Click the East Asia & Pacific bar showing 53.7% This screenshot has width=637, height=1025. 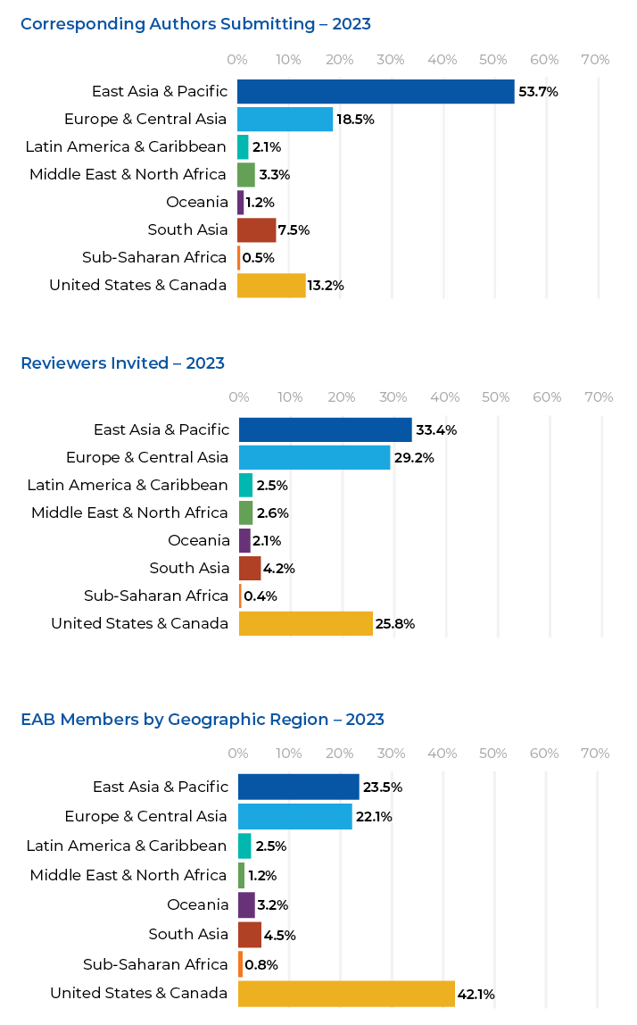point(376,92)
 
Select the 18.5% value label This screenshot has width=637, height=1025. point(354,120)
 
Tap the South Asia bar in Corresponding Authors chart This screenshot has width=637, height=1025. point(256,230)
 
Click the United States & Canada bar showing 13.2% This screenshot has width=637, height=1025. point(271,286)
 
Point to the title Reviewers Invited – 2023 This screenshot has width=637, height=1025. point(122,363)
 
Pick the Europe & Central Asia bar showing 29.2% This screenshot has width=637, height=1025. point(314,458)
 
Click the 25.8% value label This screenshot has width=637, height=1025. point(395,624)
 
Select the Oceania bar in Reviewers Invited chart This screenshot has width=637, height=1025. point(244,540)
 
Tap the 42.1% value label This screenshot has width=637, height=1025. point(476,995)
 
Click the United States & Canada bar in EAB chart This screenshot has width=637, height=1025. point(346,994)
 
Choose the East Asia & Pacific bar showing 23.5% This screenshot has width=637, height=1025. point(298,787)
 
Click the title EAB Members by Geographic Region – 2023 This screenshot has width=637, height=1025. point(203,720)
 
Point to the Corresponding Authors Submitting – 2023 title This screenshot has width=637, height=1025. point(195,24)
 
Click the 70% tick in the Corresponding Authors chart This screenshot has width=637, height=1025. point(595,60)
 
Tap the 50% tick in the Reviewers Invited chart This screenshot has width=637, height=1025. point(496,397)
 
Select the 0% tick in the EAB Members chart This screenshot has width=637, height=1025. point(238,754)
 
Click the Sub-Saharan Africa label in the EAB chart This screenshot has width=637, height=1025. point(155,964)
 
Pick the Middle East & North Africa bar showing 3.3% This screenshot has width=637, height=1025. point(245,175)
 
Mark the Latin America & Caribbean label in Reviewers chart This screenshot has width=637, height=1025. point(128,486)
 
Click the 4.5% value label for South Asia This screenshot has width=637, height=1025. point(281,936)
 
